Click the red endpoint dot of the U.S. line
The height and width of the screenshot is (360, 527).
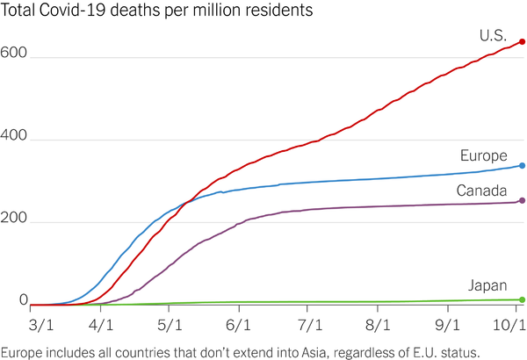click(x=523, y=41)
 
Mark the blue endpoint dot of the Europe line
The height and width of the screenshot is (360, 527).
click(x=523, y=165)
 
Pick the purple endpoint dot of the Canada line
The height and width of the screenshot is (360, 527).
click(x=523, y=201)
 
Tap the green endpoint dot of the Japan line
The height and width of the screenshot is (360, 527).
click(x=523, y=299)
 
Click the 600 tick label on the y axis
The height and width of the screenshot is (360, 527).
click(x=14, y=52)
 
